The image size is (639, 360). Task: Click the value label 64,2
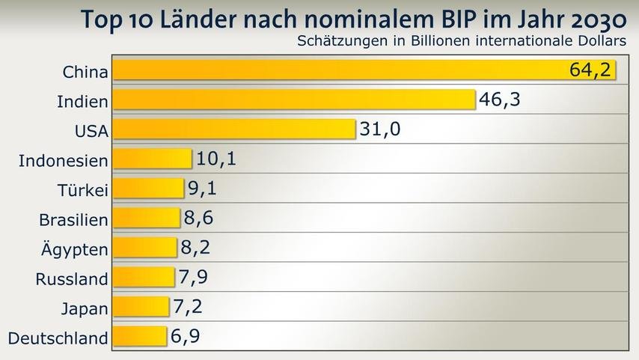pyautogui.click(x=590, y=70)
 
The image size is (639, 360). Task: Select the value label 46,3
pyautogui.click(x=500, y=99)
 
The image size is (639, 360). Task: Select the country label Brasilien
pyautogui.click(x=73, y=219)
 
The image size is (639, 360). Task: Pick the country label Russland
pyautogui.click(x=72, y=279)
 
